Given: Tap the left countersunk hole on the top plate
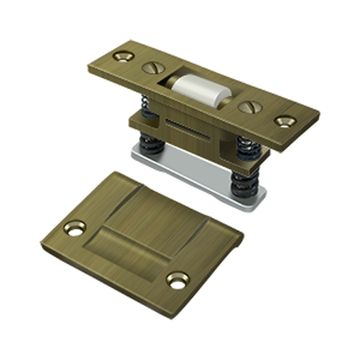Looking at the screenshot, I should (x=123, y=56).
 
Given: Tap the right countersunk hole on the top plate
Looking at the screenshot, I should (x=285, y=121).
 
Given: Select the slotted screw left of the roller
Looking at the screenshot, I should (x=153, y=68).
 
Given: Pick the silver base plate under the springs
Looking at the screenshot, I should (x=200, y=176).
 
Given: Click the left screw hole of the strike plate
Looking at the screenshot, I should (x=74, y=228).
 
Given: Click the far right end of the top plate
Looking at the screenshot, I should (x=316, y=125).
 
